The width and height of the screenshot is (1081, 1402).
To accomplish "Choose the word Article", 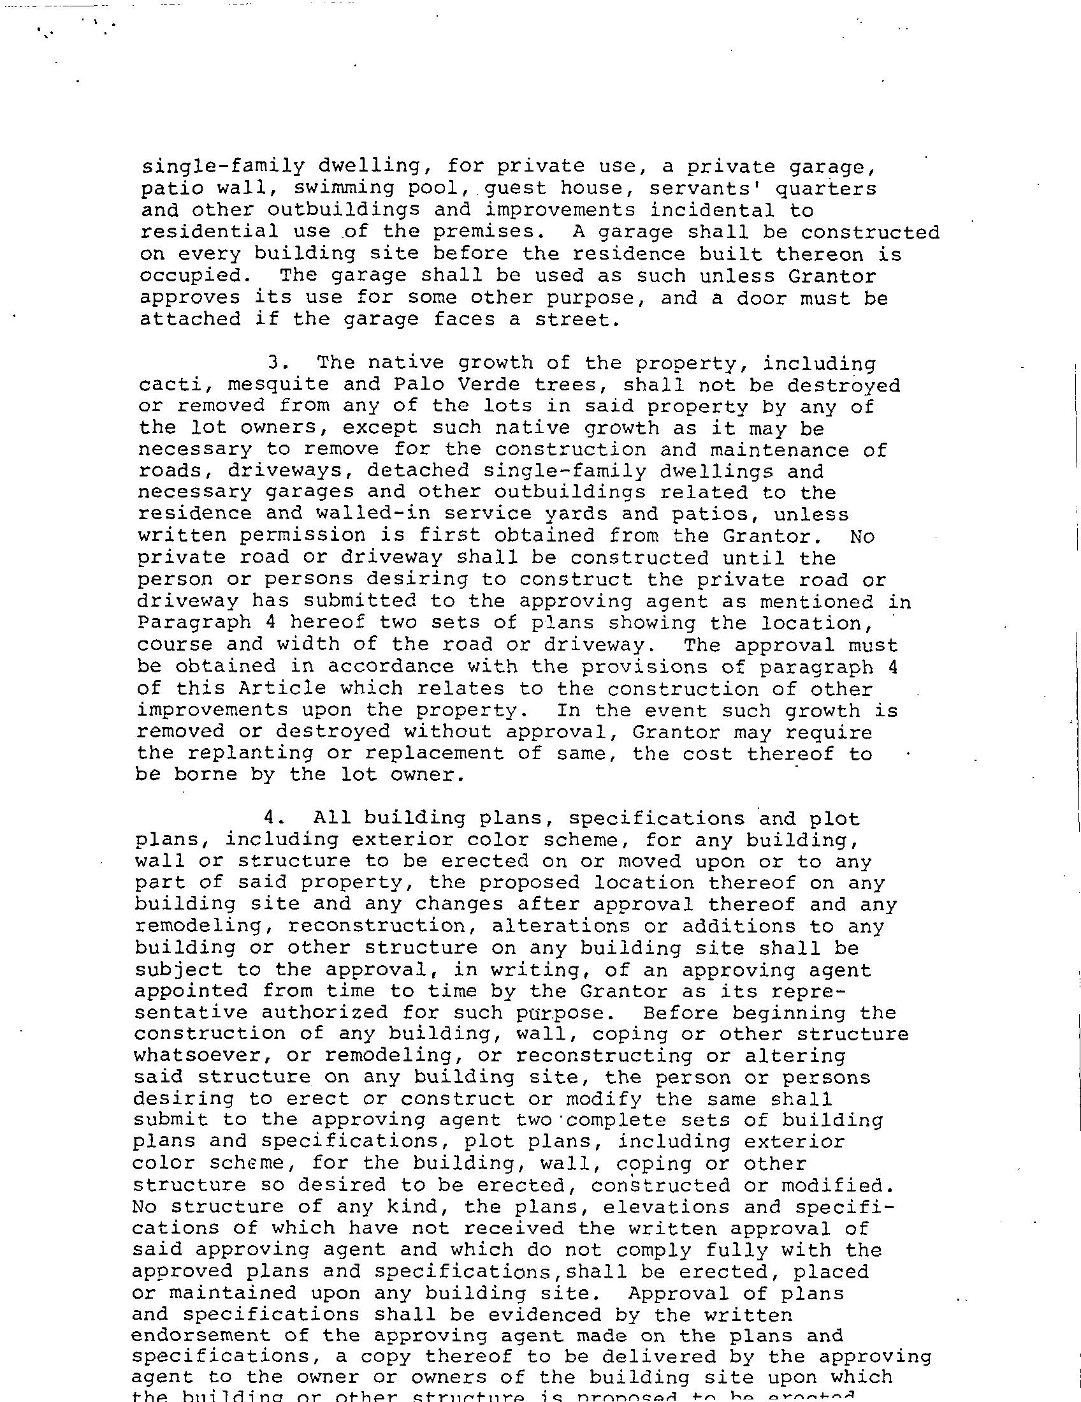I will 282,688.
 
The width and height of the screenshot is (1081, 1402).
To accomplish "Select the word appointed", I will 191,991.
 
